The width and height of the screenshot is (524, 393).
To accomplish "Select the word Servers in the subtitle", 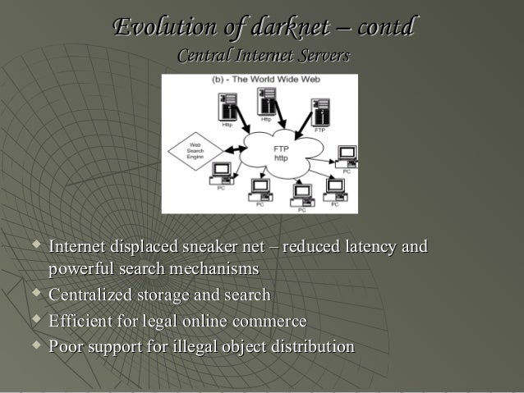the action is [322, 56].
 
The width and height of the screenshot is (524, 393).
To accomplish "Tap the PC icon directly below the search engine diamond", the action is [220, 174].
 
